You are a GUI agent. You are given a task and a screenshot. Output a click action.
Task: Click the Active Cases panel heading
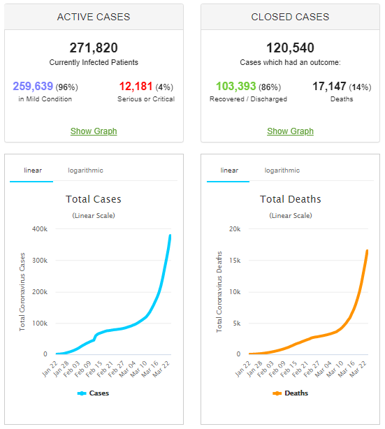(94, 16)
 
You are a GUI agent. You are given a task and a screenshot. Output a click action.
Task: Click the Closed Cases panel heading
(291, 16)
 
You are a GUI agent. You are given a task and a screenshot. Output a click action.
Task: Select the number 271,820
(94, 48)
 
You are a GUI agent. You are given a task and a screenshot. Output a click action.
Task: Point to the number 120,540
(291, 48)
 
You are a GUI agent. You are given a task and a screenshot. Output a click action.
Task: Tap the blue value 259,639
(38, 87)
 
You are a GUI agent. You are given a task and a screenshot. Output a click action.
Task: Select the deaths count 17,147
(332, 87)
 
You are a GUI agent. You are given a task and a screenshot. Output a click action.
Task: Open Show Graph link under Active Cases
(94, 131)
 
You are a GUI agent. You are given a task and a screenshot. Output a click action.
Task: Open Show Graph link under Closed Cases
(291, 131)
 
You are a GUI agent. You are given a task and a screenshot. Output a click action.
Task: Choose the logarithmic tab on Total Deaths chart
(282, 170)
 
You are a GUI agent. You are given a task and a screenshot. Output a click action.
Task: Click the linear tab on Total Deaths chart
(228, 170)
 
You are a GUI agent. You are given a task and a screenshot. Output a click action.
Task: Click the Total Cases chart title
(94, 199)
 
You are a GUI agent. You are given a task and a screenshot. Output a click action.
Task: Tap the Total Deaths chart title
(291, 199)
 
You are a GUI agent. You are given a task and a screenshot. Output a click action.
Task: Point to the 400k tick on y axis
(38, 229)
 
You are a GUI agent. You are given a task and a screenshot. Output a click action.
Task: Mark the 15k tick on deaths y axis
(235, 261)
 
